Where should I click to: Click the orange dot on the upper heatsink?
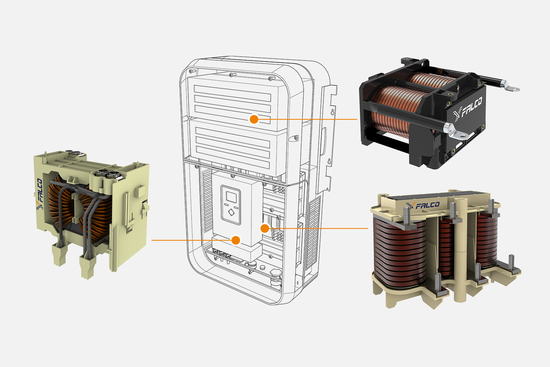[254, 119]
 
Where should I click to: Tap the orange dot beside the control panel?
[265, 228]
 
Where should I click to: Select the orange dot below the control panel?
[236, 240]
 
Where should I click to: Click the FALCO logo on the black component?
[468, 109]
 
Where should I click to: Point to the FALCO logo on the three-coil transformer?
[423, 205]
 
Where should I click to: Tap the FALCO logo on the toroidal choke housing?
[39, 194]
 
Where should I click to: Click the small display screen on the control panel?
[231, 197]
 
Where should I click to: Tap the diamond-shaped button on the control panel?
[231, 212]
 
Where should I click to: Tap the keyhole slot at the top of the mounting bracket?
[332, 112]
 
